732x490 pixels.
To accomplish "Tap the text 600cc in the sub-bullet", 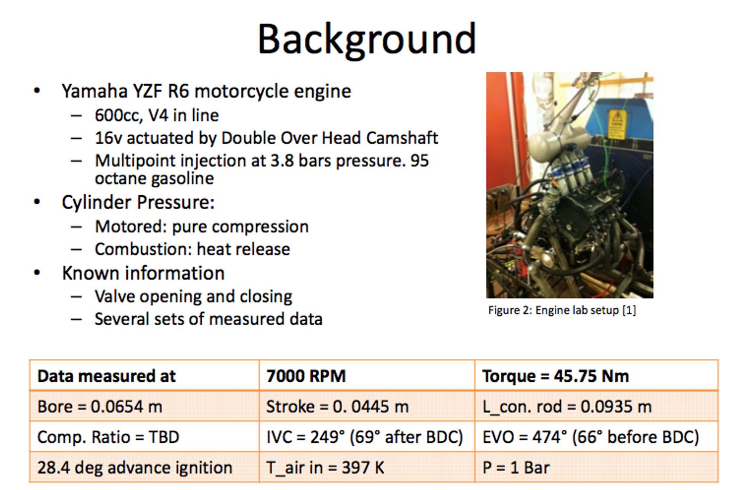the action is (117, 116).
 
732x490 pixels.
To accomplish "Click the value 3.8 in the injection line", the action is (282, 161).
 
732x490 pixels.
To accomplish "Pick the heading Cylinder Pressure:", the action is (138, 202).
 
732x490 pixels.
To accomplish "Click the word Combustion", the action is (143, 249).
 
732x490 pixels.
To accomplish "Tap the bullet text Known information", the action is (143, 273).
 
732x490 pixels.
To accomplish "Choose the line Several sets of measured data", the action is (209, 319).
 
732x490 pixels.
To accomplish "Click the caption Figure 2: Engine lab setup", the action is (562, 310).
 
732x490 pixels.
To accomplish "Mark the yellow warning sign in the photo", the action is (617, 124).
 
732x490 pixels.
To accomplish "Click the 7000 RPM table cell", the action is (367, 376).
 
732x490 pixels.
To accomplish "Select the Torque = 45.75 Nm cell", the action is (596, 376).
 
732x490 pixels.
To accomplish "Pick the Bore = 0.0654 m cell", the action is (144, 406).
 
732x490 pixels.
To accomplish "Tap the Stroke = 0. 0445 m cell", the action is (367, 406).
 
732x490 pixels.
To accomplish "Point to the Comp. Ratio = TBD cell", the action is (144, 437).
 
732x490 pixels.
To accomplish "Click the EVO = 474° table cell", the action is (596, 437).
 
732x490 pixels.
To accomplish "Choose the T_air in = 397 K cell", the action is (367, 467).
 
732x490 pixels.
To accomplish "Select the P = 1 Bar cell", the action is (596, 467).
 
